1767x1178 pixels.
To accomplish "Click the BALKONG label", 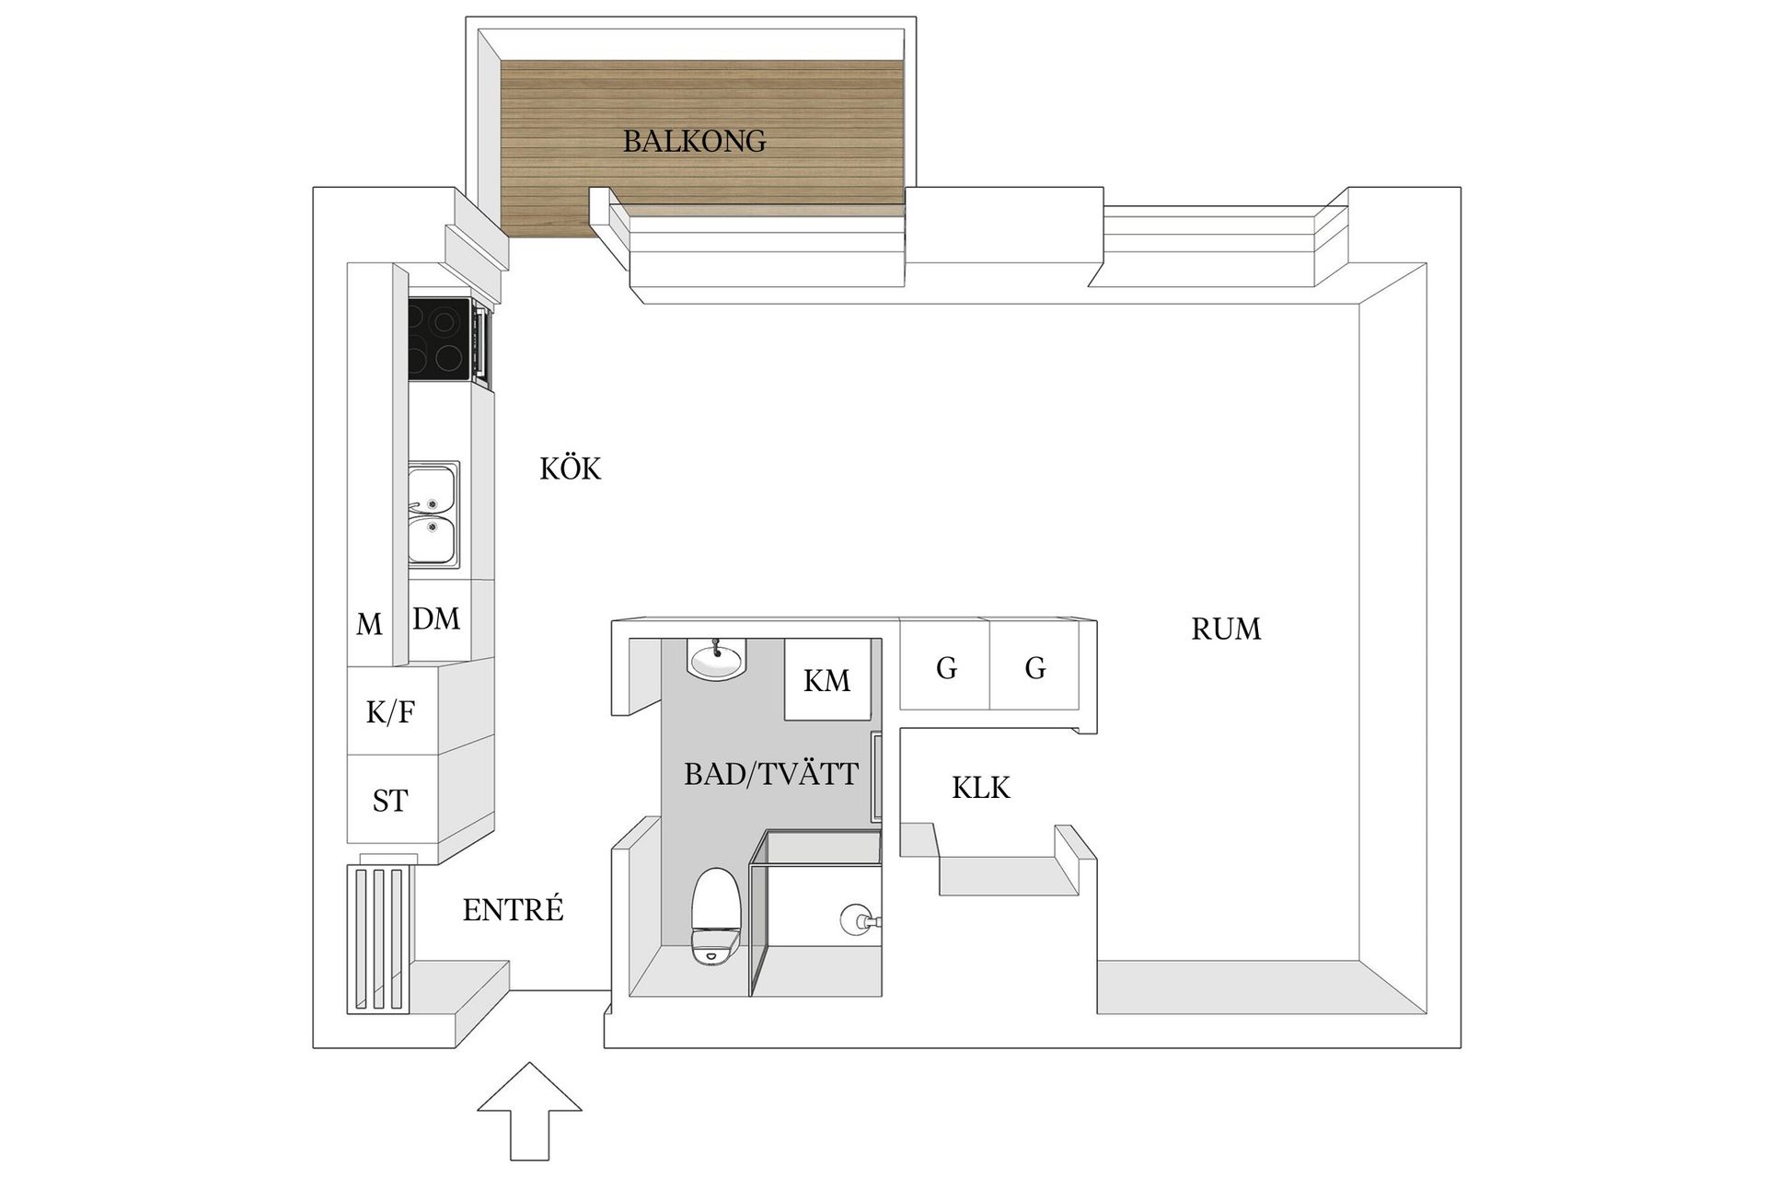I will point(694,142).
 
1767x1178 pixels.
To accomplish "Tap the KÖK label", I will point(570,469).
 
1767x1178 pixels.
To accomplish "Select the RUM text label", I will point(1225,629).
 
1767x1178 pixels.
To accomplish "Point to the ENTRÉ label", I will point(513,910).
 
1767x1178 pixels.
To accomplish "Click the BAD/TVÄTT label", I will point(770,775).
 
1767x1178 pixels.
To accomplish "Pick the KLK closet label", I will point(980,789).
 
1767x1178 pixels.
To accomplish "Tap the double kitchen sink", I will point(433,514).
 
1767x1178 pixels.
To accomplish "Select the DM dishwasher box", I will point(437,619).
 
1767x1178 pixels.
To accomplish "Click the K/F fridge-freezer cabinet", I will point(391,711).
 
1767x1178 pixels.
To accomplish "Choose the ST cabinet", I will point(390,801).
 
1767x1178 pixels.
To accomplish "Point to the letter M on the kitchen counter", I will point(369,625).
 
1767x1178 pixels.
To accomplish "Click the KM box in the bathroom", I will point(826,681).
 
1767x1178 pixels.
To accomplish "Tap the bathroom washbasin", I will point(716,660).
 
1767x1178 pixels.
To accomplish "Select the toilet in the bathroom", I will point(715,916).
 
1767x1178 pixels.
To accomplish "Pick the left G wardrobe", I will point(945,667).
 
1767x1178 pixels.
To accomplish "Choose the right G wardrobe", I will point(1034,667).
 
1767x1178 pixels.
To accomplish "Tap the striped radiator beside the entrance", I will point(378,939).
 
